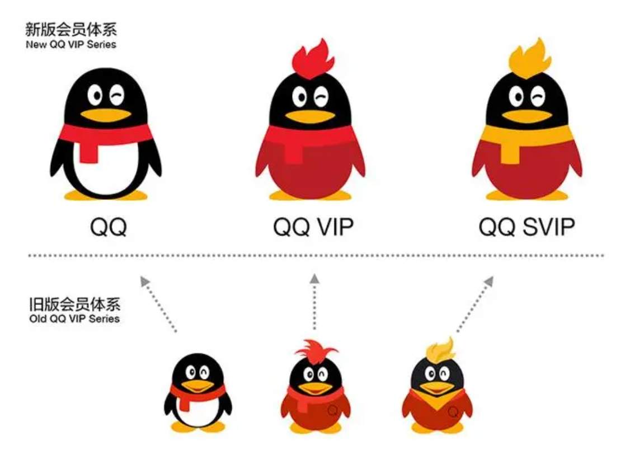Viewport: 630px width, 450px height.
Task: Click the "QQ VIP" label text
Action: (x=313, y=227)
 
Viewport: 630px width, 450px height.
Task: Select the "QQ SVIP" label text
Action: (x=526, y=227)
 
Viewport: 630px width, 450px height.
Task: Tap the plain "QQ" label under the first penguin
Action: (x=109, y=227)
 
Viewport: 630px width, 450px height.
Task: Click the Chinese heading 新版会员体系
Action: (x=70, y=30)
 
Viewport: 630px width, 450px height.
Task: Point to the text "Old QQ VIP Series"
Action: (x=74, y=319)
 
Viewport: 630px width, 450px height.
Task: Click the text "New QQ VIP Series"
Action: (x=70, y=45)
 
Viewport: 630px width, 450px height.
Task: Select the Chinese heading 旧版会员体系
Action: (x=74, y=304)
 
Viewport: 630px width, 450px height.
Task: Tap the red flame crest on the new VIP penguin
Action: (x=313, y=59)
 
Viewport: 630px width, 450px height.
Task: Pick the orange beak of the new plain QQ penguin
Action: (x=106, y=115)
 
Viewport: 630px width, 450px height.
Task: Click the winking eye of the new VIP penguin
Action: (x=321, y=97)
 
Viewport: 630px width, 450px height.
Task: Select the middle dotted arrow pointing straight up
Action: (x=315, y=302)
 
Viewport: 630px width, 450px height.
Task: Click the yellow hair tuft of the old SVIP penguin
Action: (x=440, y=350)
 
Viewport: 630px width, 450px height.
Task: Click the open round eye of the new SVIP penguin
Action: (x=516, y=97)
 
